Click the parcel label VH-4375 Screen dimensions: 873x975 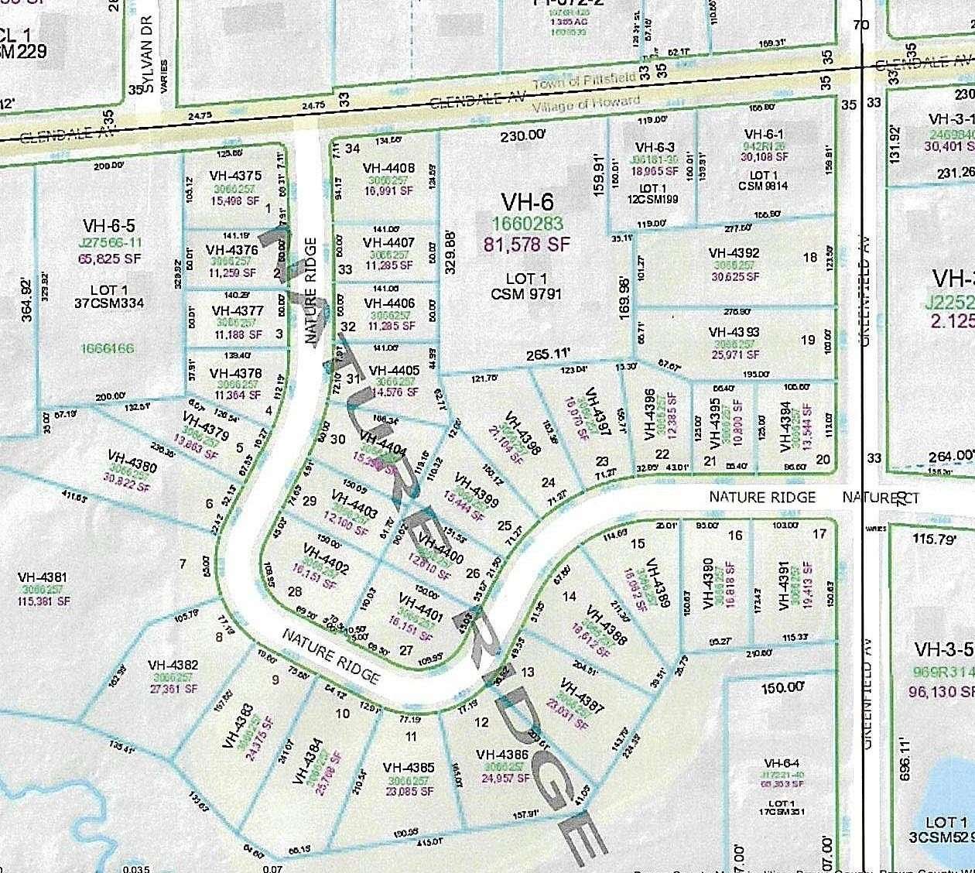pyautogui.click(x=234, y=176)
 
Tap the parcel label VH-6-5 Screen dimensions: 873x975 pyautogui.click(x=108, y=225)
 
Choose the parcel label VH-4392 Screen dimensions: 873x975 pyautogui.click(x=734, y=253)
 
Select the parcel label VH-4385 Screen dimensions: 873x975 pyautogui.click(x=408, y=768)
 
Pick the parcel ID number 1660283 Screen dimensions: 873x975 pyautogui.click(x=528, y=224)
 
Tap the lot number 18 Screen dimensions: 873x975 pyautogui.click(x=809, y=258)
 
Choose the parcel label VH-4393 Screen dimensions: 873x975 pyautogui.click(x=734, y=332)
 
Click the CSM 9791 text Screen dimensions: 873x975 pyautogui.click(x=526, y=294)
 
